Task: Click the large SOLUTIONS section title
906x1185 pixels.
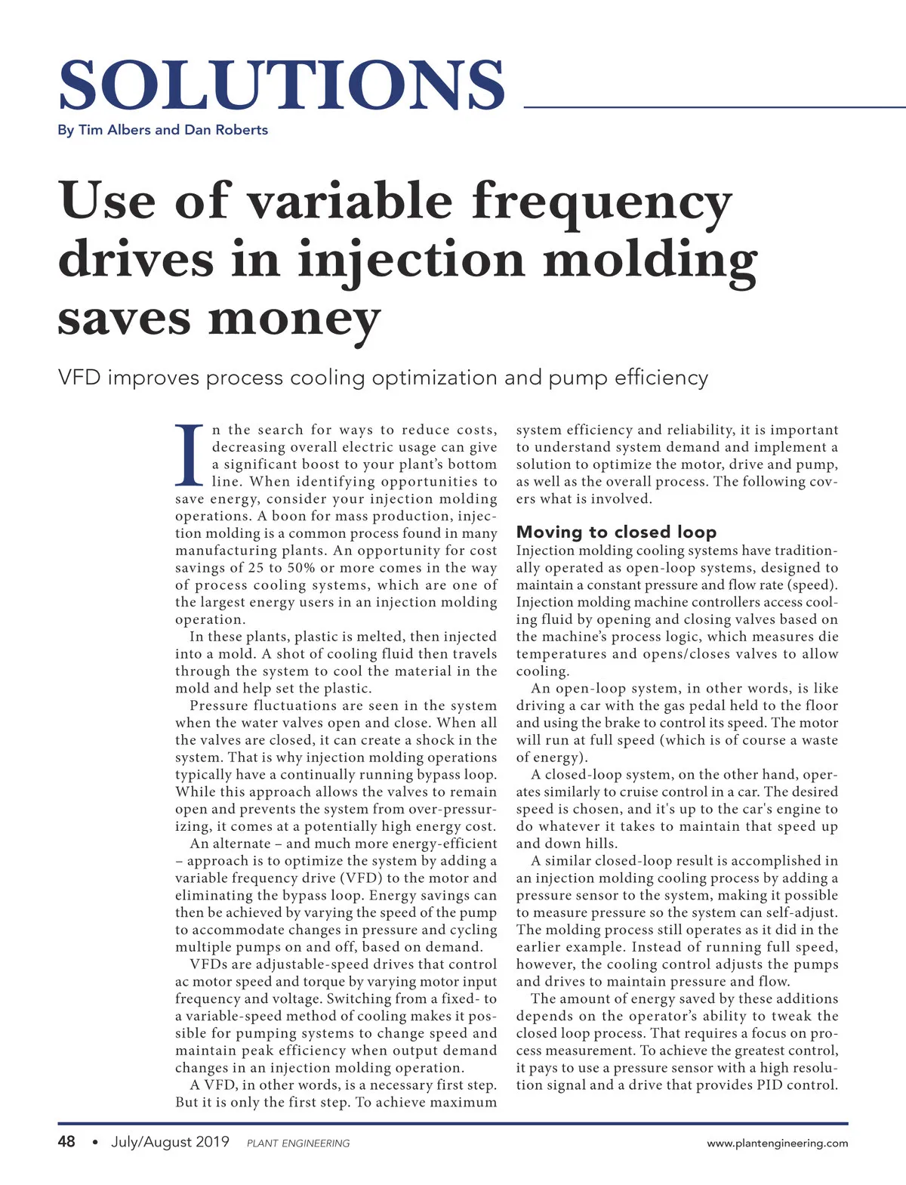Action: click(x=281, y=85)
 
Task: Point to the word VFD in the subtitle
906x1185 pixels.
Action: click(x=79, y=378)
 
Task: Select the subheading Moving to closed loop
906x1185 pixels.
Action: click(x=616, y=532)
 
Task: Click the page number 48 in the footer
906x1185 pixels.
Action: click(x=66, y=1141)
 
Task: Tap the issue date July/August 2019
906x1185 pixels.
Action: click(x=170, y=1141)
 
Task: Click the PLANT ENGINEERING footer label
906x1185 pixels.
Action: click(x=298, y=1143)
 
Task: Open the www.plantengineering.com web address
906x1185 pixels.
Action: click(x=777, y=1143)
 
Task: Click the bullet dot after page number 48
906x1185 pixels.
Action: click(x=94, y=1142)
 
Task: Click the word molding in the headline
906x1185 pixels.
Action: click(x=649, y=261)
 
